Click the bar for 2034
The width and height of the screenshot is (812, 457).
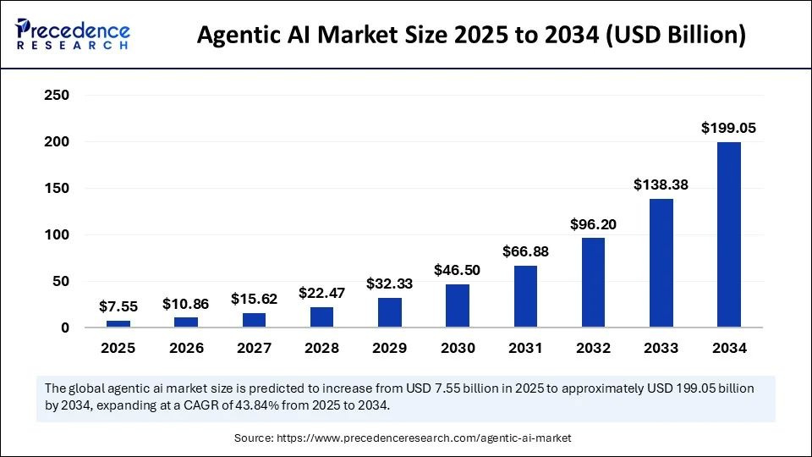tap(728, 234)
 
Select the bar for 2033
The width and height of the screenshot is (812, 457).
tap(661, 262)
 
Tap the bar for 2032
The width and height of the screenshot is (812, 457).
tap(593, 283)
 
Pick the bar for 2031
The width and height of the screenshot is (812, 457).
tap(525, 296)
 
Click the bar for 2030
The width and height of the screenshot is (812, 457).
tap(458, 306)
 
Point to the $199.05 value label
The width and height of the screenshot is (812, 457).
tap(728, 129)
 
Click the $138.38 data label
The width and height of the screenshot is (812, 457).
tap(661, 184)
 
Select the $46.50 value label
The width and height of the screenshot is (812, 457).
tap(458, 270)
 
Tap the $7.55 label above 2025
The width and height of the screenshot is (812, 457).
tap(118, 306)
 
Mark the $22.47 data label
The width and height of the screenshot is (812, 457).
tap(322, 293)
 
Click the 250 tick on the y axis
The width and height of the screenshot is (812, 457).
tap(56, 96)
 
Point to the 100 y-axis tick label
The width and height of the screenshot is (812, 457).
tap(56, 234)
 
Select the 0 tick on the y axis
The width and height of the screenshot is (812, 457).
tap(63, 328)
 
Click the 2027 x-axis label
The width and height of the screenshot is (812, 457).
tap(254, 348)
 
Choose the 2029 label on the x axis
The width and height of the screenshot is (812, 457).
tap(390, 348)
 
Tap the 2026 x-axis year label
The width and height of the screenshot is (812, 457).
tap(186, 348)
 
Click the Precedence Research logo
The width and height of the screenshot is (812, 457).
tap(73, 34)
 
